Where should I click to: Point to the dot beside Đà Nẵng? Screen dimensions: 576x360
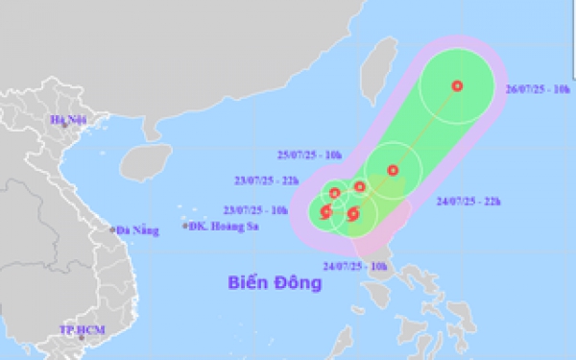pos(112,229)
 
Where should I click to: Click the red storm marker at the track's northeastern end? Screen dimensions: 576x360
pos(457,85)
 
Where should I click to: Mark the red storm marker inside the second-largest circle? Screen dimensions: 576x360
pos(393,171)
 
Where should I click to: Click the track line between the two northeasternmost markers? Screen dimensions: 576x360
pos(425,128)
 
